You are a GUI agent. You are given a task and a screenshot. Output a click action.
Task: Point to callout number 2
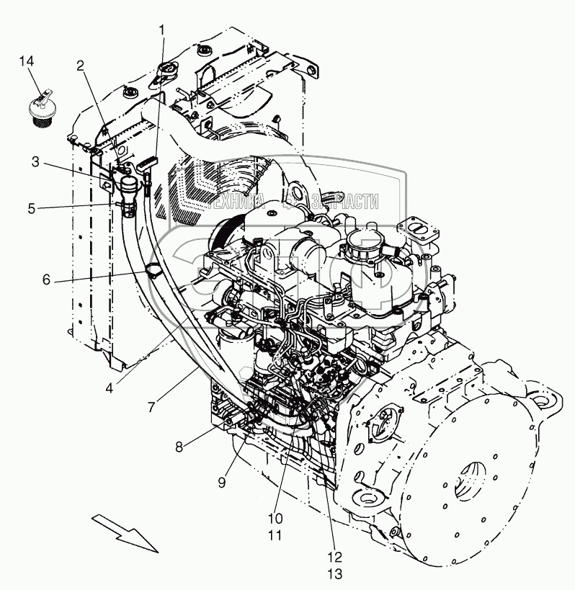pos(81,66)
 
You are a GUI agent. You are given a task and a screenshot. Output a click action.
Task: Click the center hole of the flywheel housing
pos(472,478)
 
